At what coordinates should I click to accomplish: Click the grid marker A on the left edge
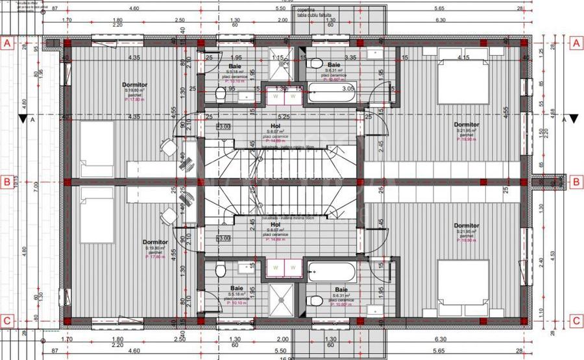click(8, 44)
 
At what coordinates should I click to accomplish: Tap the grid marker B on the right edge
click(575, 182)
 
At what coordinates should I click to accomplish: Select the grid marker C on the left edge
click(8, 320)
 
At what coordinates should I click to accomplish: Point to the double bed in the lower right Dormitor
click(462, 280)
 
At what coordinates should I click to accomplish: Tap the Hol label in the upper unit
click(275, 127)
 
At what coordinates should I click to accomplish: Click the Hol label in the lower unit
click(275, 225)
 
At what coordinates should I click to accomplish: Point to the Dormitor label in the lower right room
click(467, 226)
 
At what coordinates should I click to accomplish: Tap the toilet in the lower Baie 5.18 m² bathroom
click(221, 271)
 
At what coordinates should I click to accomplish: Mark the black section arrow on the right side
click(553, 119)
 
